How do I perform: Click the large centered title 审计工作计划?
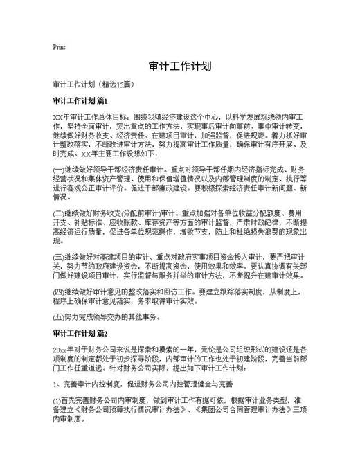pyautogui.click(x=179, y=66)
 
